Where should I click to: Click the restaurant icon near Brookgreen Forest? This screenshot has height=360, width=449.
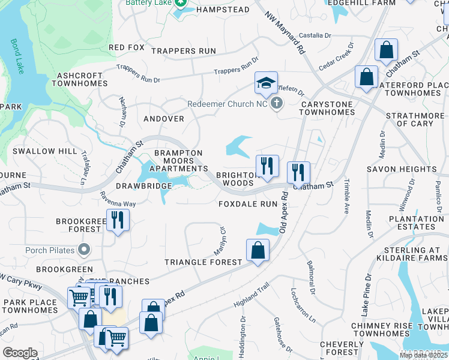tap(118, 220)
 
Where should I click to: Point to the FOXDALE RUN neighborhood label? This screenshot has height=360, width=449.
tap(248, 204)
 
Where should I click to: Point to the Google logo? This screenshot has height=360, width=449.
tap(20, 352)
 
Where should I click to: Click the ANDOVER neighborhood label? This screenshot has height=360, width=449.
tap(163, 119)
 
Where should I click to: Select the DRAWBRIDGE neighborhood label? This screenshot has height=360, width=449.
tap(144, 187)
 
